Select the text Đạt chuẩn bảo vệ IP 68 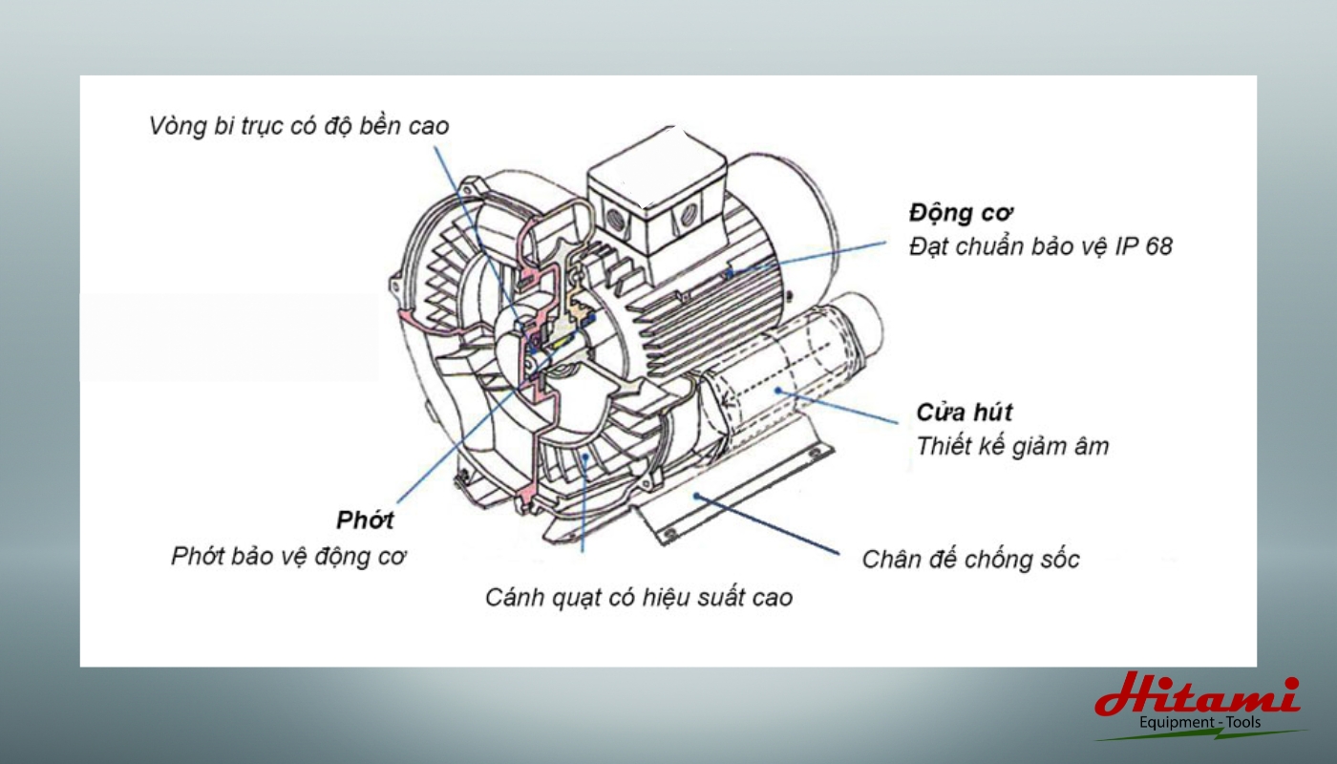[1040, 246]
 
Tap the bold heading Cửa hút [965, 413]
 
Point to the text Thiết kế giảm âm [1012, 446]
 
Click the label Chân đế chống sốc [970, 559]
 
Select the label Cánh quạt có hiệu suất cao [639, 598]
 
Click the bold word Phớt [365, 520]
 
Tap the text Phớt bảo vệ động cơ [289, 556]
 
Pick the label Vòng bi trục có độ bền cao [298, 126]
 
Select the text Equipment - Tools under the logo [1199, 723]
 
